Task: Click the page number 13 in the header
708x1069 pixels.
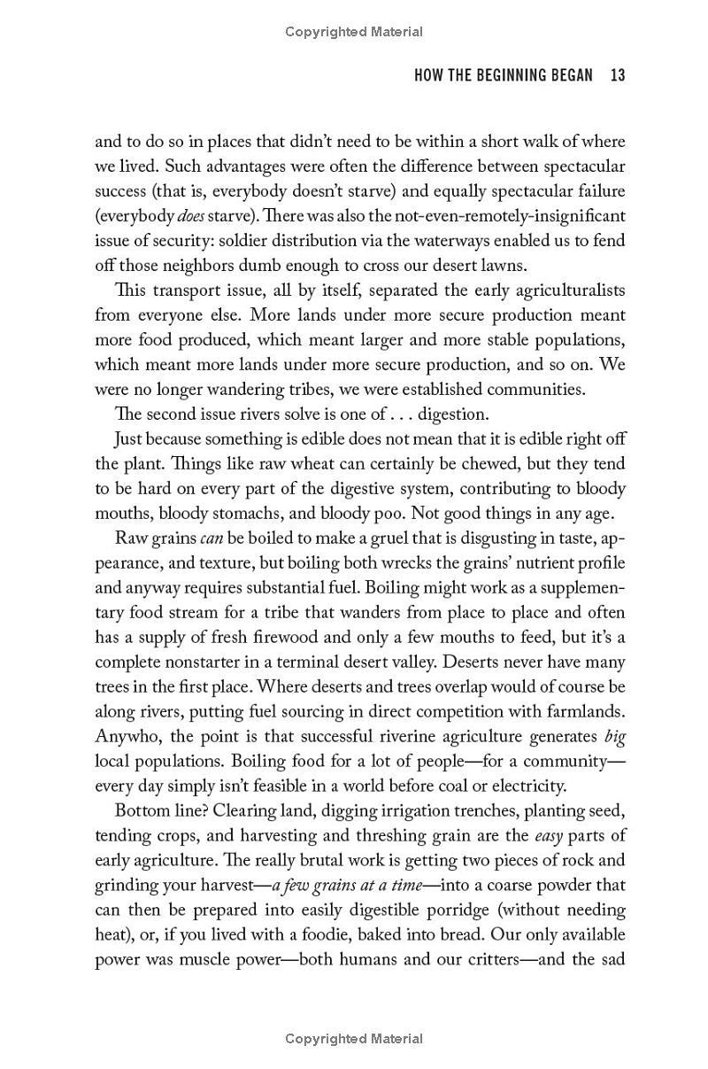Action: [617, 76]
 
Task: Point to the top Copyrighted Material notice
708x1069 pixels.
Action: [354, 32]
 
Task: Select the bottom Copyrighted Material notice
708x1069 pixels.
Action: [354, 1039]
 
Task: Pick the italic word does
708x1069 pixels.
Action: [189, 215]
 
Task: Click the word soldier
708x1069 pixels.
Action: [296, 240]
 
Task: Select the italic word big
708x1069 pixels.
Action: [614, 736]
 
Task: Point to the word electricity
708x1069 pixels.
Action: [524, 786]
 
